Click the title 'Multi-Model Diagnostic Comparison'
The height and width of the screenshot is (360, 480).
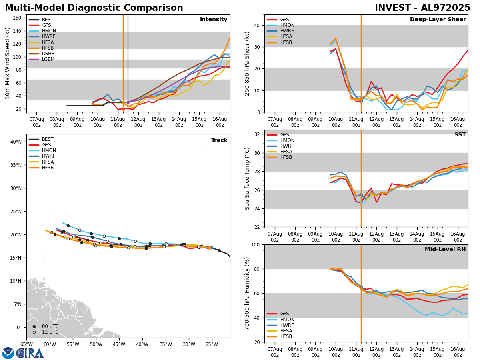point(94,8)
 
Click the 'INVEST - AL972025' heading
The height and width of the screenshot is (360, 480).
point(422,8)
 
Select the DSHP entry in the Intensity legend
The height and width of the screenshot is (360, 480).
point(48,54)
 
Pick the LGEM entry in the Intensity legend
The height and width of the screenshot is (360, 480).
point(48,59)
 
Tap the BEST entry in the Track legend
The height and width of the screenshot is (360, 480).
point(48,139)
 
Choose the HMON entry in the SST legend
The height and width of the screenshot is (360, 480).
point(287,140)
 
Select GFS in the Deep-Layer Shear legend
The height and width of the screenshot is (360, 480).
point(285,20)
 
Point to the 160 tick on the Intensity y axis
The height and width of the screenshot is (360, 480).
point(18,18)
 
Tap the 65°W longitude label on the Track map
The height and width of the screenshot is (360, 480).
point(26,344)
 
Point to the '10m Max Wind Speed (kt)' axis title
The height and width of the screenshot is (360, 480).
point(8,63)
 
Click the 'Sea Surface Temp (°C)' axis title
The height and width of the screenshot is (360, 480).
point(247,178)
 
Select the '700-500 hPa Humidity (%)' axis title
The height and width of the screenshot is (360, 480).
point(247,293)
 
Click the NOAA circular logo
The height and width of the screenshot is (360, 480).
point(8,353)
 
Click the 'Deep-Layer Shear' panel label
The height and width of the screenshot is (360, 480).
point(438,20)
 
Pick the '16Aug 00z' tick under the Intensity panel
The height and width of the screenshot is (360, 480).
point(220,122)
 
